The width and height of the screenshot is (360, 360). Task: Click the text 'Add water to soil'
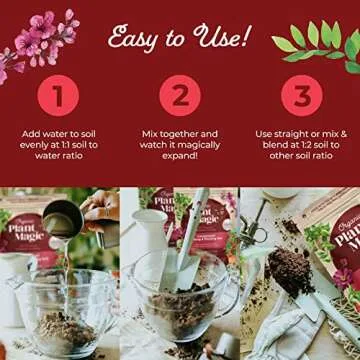click(x=59, y=132)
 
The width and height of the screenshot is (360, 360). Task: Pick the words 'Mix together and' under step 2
click(x=180, y=132)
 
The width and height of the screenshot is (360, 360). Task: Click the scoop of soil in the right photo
click(x=290, y=270)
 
